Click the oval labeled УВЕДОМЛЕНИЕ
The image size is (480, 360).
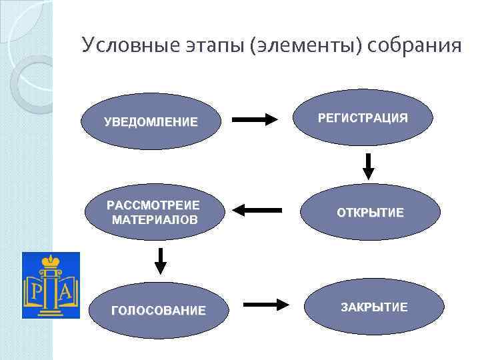pyautogui.click(x=151, y=122)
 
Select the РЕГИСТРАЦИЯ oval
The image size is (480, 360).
pyautogui.click(x=363, y=118)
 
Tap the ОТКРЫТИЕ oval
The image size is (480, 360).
pyautogui.click(x=370, y=213)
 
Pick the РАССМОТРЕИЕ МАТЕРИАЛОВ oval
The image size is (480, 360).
pyautogui.click(x=155, y=212)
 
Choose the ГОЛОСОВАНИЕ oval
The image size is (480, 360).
pyautogui.click(x=158, y=310)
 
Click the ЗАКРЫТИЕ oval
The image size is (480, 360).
pyautogui.click(x=374, y=307)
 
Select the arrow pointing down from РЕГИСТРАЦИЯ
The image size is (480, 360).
pyautogui.click(x=368, y=166)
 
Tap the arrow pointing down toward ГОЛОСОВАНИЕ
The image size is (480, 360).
pyautogui.click(x=160, y=261)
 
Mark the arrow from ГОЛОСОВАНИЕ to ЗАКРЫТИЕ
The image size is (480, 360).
pyautogui.click(x=266, y=305)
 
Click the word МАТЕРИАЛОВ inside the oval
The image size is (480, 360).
pyautogui.click(x=155, y=219)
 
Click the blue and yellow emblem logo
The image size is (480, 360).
pyautogui.click(x=51, y=285)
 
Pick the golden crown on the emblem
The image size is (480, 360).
pyautogui.click(x=51, y=260)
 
